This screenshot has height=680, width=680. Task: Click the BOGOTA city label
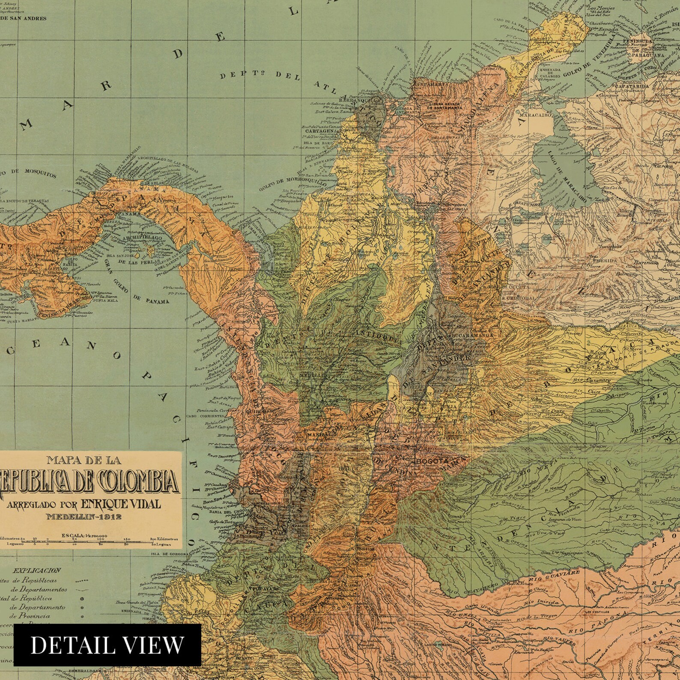(x=432, y=461)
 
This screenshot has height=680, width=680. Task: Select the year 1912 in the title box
(x=108, y=516)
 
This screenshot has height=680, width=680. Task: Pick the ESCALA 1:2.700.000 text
(x=84, y=535)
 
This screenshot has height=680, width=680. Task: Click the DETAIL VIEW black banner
(x=107, y=645)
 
